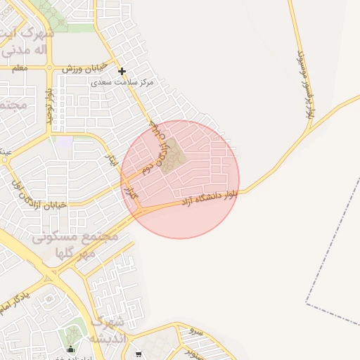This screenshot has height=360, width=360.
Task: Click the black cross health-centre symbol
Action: [122, 71]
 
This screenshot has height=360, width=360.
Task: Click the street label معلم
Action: [20, 68]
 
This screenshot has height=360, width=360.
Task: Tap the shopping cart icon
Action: [139, 354]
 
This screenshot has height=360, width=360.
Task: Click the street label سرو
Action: [197, 330]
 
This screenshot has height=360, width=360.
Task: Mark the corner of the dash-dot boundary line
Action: [307, 303]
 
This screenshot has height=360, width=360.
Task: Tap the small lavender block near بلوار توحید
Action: [65, 142]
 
